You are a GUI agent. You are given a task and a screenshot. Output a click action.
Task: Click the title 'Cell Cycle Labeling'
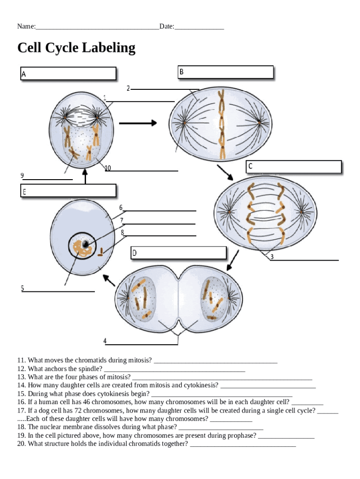pos(76,48)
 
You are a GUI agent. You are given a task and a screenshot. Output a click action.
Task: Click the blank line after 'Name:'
pos(97,27)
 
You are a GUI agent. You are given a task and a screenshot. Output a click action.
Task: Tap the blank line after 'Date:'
pos(199,27)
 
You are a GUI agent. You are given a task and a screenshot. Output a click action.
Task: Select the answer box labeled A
pos(68,73)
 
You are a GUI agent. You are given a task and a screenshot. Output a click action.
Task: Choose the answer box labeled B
pos(225,72)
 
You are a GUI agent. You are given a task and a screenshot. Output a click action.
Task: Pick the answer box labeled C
pos(294,167)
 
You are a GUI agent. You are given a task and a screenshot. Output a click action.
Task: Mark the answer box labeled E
pos(68,190)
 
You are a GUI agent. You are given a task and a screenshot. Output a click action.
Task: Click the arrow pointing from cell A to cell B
pos(138,123)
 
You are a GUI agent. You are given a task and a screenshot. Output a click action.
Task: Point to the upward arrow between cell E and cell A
pos(85,176)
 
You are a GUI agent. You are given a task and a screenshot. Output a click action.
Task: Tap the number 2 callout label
pos(128,88)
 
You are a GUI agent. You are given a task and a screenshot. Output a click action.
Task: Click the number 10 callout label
pos(108,168)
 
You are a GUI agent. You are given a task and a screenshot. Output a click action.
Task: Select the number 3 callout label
pos(272,257)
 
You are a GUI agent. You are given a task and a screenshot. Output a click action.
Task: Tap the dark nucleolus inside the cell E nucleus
pos(85,244)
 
